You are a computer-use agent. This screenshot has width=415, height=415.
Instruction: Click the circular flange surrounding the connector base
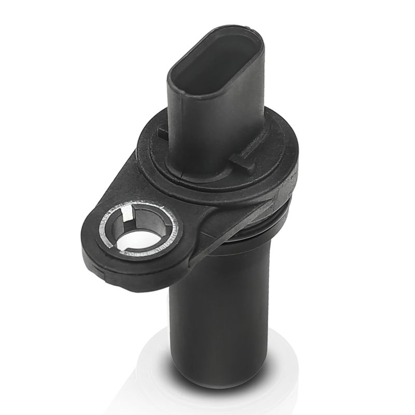(x=270, y=156)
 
